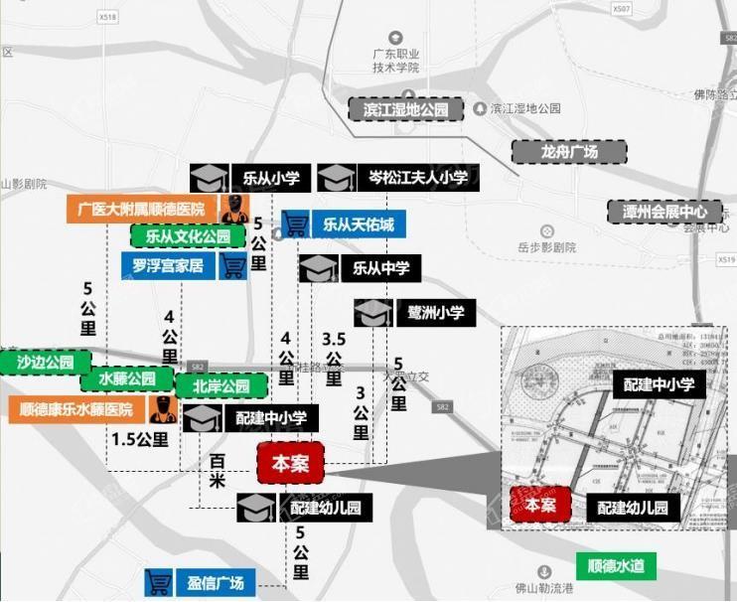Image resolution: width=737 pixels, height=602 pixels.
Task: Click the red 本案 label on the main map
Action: (x=290, y=464)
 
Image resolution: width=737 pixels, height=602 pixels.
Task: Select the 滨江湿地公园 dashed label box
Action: (x=405, y=110)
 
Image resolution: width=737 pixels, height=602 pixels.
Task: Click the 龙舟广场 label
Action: (x=569, y=152)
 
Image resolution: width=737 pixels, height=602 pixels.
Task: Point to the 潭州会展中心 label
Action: (x=664, y=212)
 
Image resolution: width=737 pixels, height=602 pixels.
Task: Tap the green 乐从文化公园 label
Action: (x=187, y=237)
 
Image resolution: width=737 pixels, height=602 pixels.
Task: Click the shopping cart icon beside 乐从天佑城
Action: (x=294, y=225)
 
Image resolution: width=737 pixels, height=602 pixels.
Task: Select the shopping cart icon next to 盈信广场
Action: (x=159, y=582)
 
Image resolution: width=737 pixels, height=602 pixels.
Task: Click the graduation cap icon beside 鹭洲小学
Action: (x=373, y=313)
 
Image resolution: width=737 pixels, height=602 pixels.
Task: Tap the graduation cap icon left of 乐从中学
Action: (x=320, y=268)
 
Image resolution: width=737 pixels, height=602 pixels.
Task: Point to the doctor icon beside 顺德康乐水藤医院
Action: (x=162, y=409)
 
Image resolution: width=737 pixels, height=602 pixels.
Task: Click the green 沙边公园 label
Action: (x=46, y=362)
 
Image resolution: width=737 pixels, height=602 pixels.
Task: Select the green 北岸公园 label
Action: (x=221, y=385)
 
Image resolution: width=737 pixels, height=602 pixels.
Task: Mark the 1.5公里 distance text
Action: (x=139, y=439)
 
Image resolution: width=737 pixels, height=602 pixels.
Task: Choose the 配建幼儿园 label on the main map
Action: (x=325, y=509)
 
